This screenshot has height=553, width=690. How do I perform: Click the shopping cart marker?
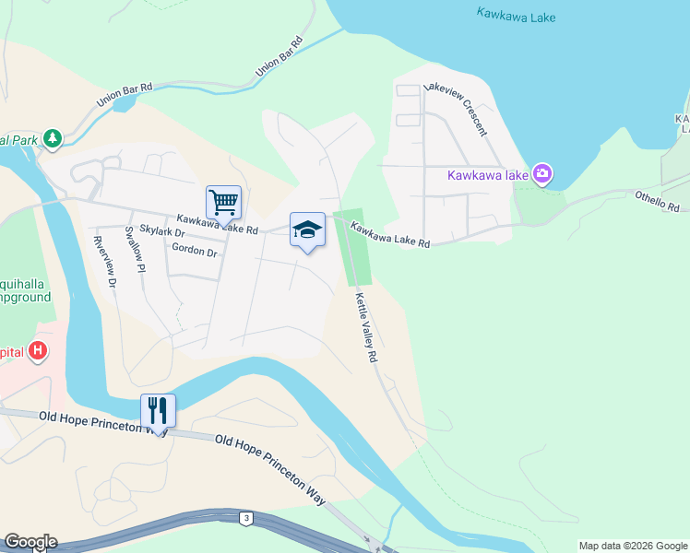[x=223, y=203]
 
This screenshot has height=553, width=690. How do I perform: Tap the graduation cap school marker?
[x=308, y=230]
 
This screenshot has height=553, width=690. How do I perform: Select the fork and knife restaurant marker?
[x=158, y=411]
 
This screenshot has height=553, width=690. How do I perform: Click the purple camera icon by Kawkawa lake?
[x=542, y=173]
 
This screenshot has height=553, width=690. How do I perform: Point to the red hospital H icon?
[x=38, y=351]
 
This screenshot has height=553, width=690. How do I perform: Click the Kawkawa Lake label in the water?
[x=517, y=14]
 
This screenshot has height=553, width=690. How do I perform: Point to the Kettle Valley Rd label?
[x=368, y=327]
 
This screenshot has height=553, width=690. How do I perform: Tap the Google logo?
[x=30, y=542]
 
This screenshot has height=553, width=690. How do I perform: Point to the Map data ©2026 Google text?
[x=633, y=546]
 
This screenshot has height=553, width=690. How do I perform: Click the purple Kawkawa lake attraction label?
[x=488, y=174]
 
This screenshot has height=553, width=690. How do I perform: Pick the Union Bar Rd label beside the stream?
[x=280, y=56]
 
